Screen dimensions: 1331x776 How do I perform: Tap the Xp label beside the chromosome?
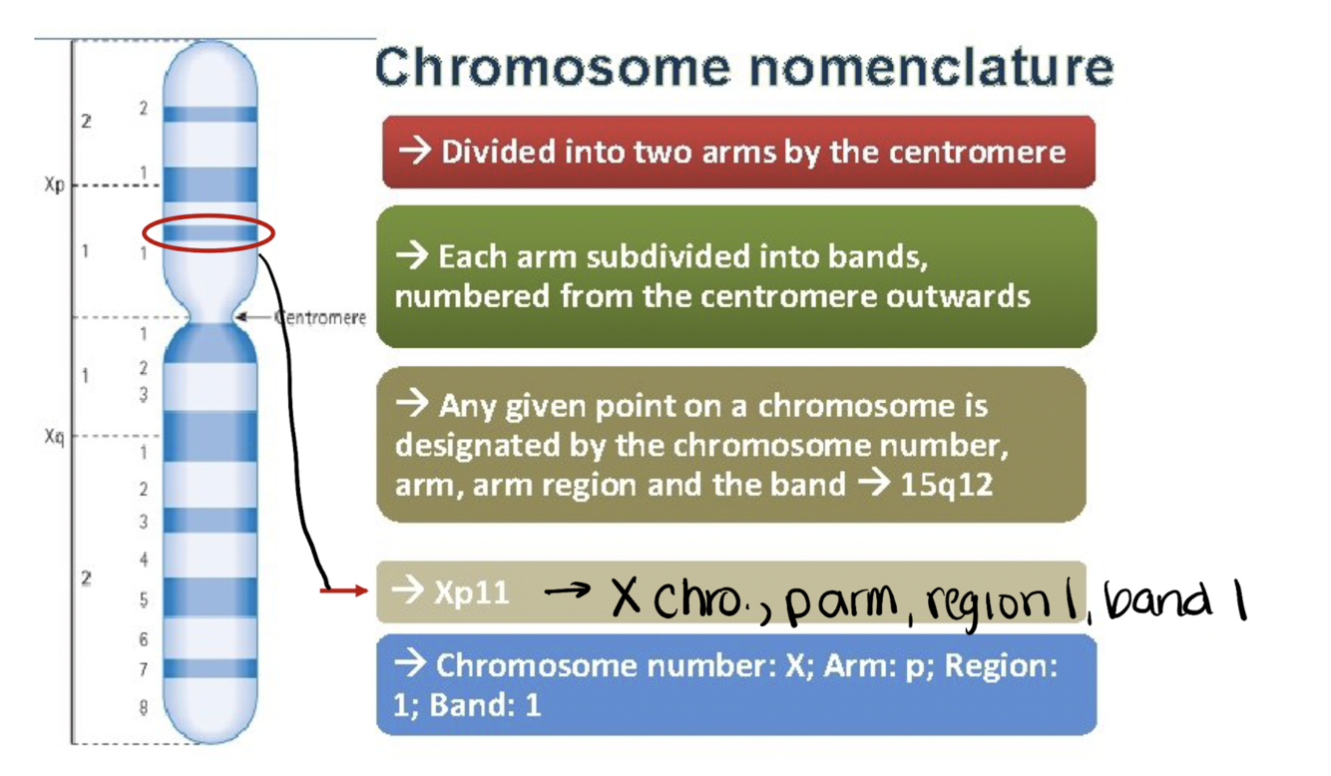pyautogui.click(x=54, y=186)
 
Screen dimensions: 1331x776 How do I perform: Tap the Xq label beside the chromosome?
pyautogui.click(x=54, y=436)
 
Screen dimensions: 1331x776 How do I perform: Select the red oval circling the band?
pyautogui.click(x=208, y=234)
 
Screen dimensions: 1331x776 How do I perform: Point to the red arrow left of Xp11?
pyautogui.click(x=343, y=591)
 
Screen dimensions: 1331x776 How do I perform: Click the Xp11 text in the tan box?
pyautogui.click(x=471, y=592)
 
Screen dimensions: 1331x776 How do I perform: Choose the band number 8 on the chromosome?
pyautogui.click(x=144, y=707)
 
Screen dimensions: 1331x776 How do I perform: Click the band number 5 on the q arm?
pyautogui.click(x=144, y=600)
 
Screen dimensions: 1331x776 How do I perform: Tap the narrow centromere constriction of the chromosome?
pyautogui.click(x=210, y=318)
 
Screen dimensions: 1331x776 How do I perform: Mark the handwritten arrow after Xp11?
pyautogui.click(x=567, y=591)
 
